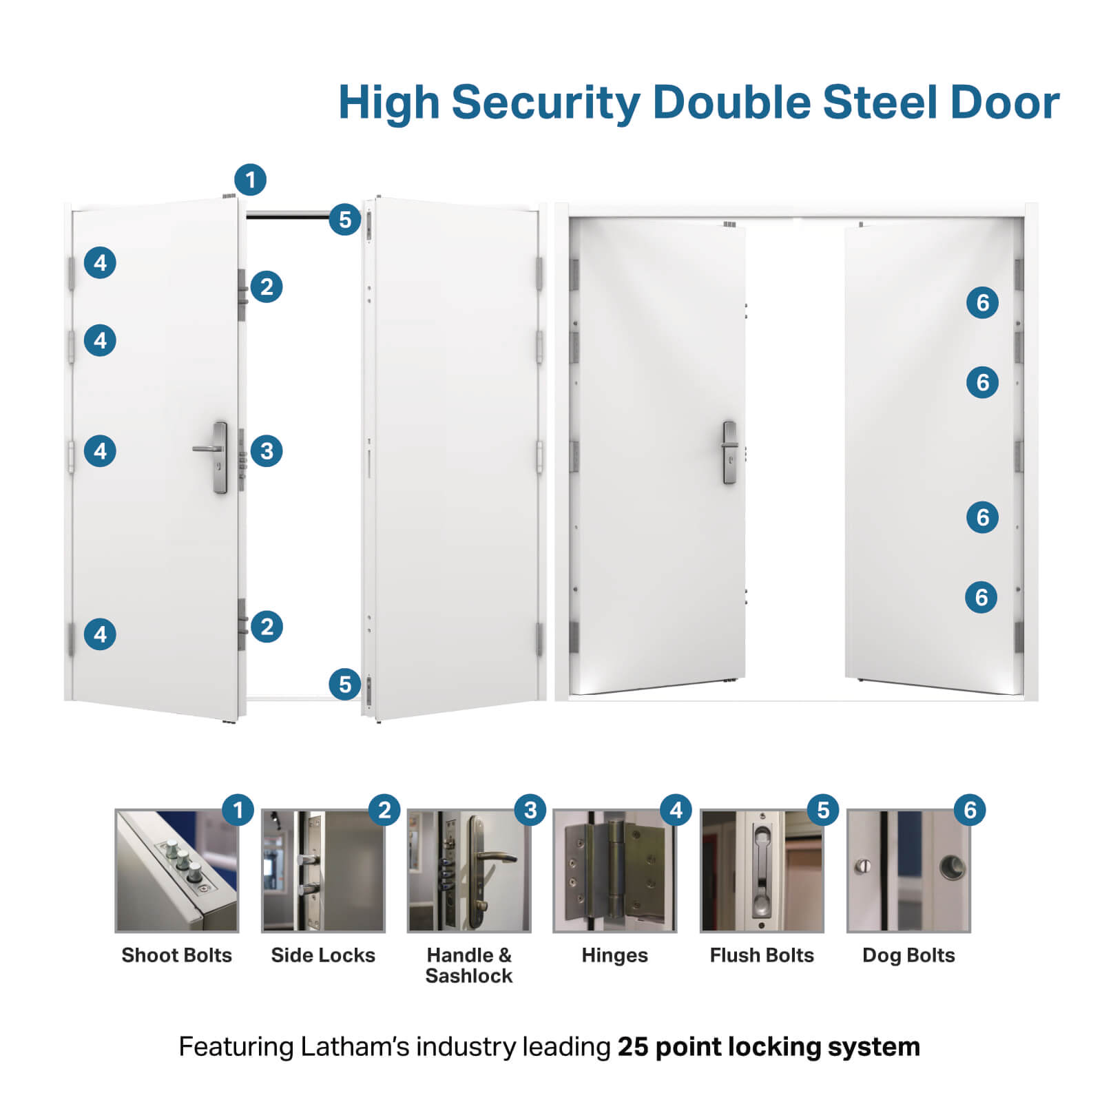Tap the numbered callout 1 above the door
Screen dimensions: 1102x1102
click(x=250, y=180)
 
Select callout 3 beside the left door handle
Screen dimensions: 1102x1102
click(x=267, y=451)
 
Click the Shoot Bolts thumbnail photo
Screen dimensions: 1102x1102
click(x=177, y=871)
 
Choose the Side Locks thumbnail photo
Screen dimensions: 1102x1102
click(x=323, y=871)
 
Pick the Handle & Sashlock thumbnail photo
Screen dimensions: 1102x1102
click(x=469, y=871)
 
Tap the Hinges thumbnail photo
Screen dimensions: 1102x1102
click(x=615, y=871)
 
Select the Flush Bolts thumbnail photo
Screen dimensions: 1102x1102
click(x=762, y=871)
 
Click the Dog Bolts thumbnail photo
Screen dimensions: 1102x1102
click(x=908, y=871)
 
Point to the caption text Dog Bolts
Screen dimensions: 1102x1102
click(x=908, y=955)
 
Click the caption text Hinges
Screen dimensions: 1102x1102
click(x=614, y=955)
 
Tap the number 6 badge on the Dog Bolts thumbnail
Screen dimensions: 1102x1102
click(x=970, y=810)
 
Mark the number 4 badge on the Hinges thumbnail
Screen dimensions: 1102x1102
click(x=676, y=810)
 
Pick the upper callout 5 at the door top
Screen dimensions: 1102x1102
click(x=345, y=220)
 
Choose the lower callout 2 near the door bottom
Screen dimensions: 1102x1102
click(x=267, y=627)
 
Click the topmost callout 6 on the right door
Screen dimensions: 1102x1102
click(x=983, y=302)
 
